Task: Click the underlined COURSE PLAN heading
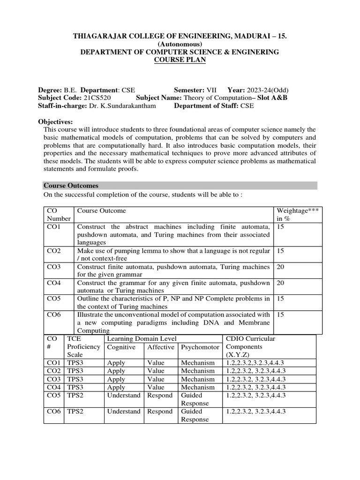point(180,60)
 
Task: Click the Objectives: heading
point(55,121)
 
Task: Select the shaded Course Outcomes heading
point(71,186)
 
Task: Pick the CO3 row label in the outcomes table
point(54,267)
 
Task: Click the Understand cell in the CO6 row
point(124,411)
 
